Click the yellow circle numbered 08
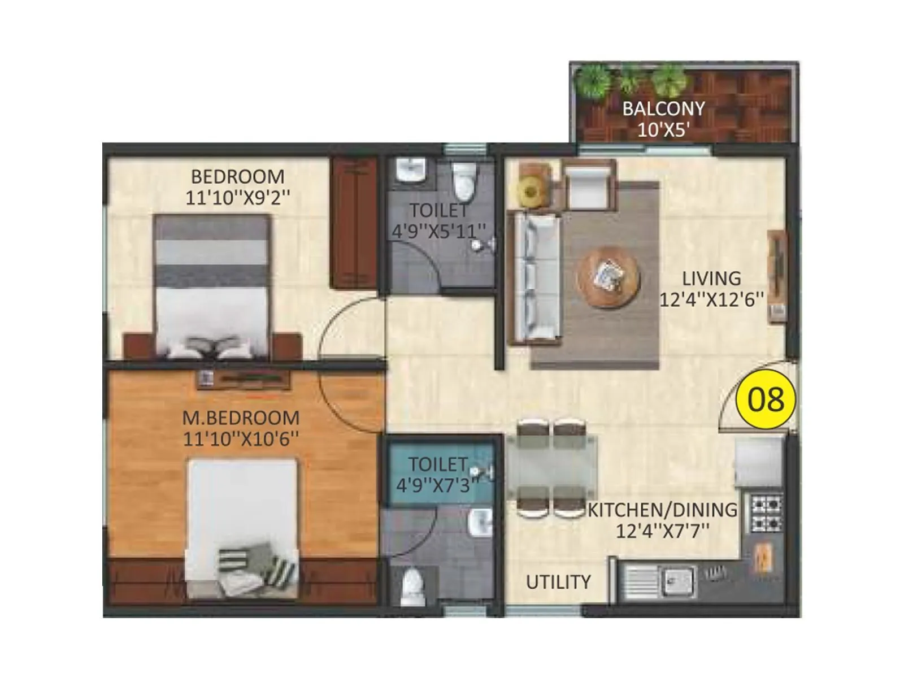tap(766, 399)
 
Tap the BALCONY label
tap(663, 108)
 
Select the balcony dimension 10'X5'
tap(663, 130)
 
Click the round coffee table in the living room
tap(609, 277)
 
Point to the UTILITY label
tap(558, 582)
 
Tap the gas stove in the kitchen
tap(767, 513)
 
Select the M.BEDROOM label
tap(241, 418)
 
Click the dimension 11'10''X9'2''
tap(238, 198)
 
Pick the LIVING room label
tap(711, 279)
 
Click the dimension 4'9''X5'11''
tap(439, 231)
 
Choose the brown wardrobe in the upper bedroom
tap(354, 223)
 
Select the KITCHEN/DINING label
tap(662, 510)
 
